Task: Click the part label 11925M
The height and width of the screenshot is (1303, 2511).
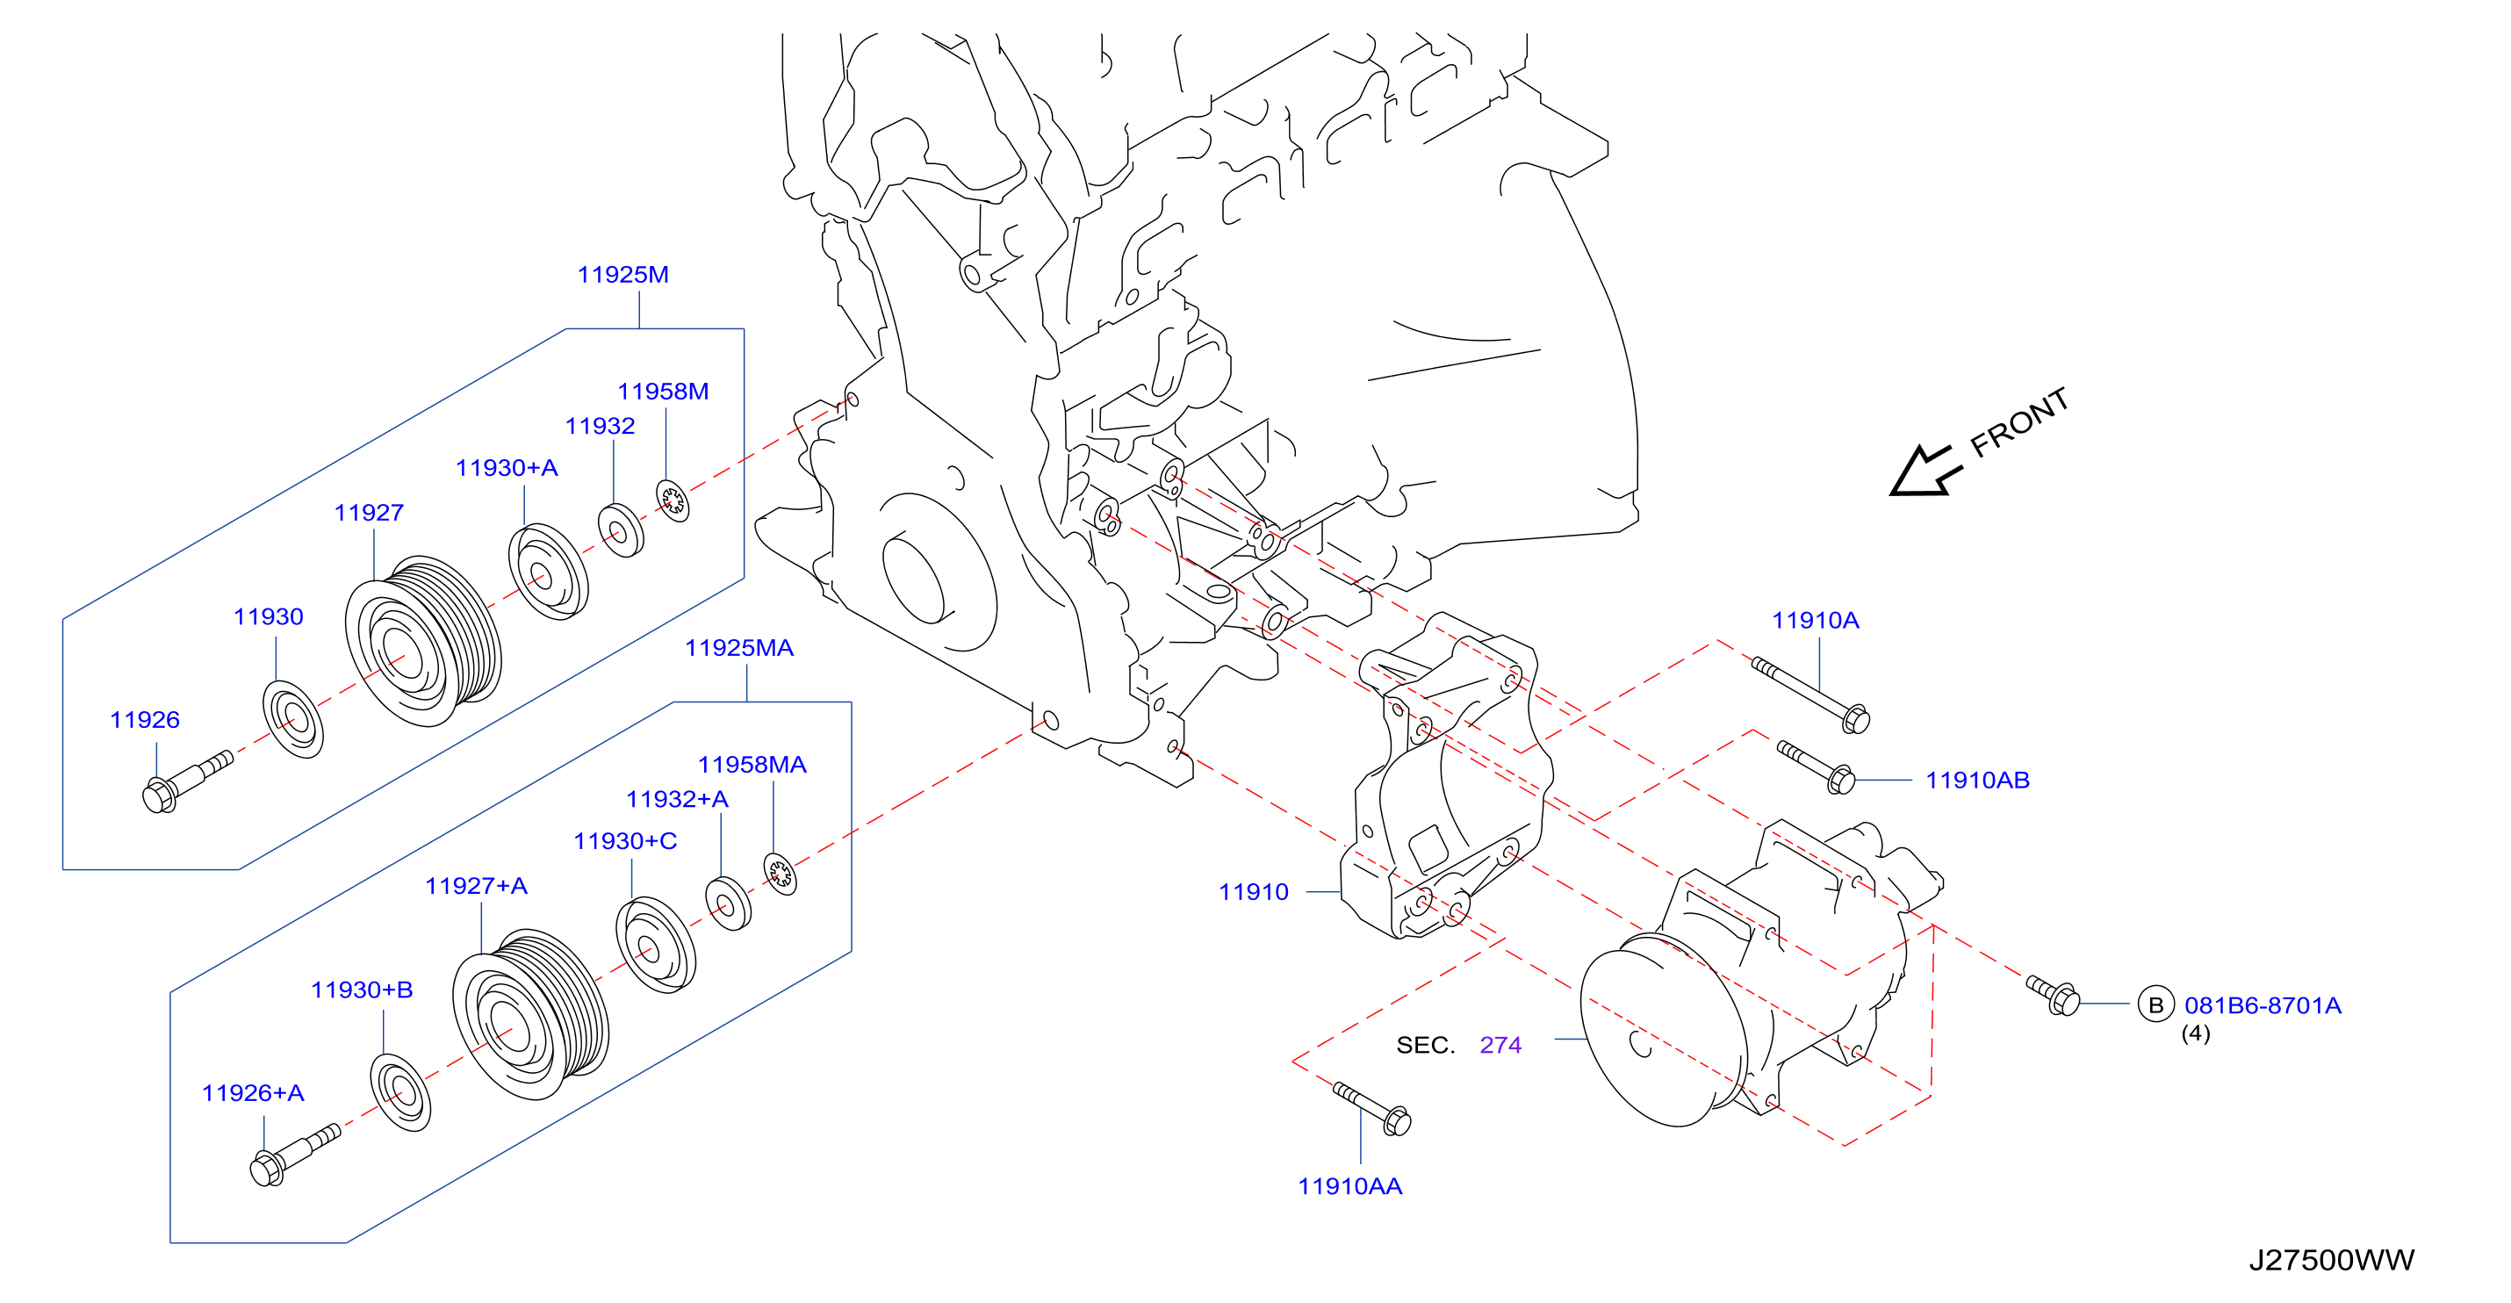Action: tap(622, 275)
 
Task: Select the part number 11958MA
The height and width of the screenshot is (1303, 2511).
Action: tap(752, 765)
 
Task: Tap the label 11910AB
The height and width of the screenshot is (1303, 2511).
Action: tap(1977, 781)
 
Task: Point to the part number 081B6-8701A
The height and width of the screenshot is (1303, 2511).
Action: tap(2263, 1005)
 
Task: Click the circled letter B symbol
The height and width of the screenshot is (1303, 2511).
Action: tap(2155, 1004)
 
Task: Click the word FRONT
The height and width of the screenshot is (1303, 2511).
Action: tap(2018, 422)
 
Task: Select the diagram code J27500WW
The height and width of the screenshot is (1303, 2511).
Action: tap(2332, 1260)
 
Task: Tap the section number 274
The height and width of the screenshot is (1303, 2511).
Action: tap(1500, 1046)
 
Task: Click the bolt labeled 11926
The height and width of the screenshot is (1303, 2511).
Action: tap(187, 781)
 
